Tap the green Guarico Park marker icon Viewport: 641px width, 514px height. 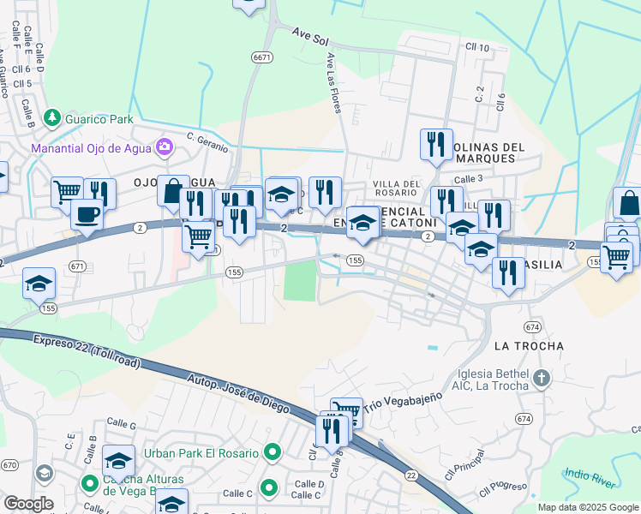pos(52,117)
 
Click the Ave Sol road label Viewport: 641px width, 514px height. pos(310,36)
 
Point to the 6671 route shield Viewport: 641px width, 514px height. pos(262,57)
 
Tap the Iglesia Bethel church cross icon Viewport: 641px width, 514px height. pos(540,377)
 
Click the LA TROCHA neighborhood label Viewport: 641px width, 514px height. pos(530,346)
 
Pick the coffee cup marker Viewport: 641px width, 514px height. pos(87,213)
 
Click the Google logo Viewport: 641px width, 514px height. pos(27,504)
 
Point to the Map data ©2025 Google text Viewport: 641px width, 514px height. pos(588,507)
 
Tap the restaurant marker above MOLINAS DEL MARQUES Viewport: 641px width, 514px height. pos(436,142)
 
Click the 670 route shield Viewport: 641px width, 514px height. pos(9,464)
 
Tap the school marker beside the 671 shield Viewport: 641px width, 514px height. pos(39,284)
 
